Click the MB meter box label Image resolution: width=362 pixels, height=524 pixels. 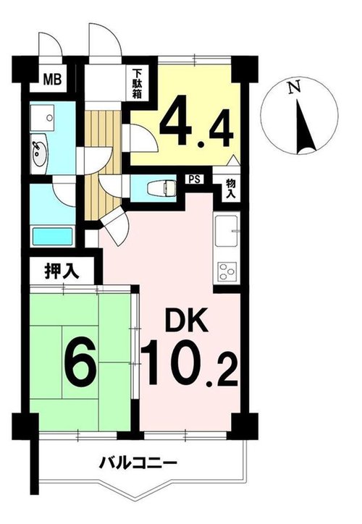point(52,80)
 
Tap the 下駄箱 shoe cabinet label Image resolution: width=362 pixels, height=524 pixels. point(137,83)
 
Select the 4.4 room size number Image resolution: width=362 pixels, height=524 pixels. point(196,122)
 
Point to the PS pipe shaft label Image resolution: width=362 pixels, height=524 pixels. point(194,179)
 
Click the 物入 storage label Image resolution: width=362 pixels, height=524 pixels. point(231,189)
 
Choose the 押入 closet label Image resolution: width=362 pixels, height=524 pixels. point(62,271)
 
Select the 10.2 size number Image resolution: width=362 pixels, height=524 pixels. point(190,363)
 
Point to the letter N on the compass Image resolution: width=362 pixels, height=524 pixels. point(294,88)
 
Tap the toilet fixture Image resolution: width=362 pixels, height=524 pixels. point(161,189)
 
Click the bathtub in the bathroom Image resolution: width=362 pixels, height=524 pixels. point(52,236)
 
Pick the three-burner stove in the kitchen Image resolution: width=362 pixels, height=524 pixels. point(227,271)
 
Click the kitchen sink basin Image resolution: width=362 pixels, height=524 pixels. point(227,231)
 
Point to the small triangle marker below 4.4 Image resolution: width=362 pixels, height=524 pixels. point(234,160)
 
